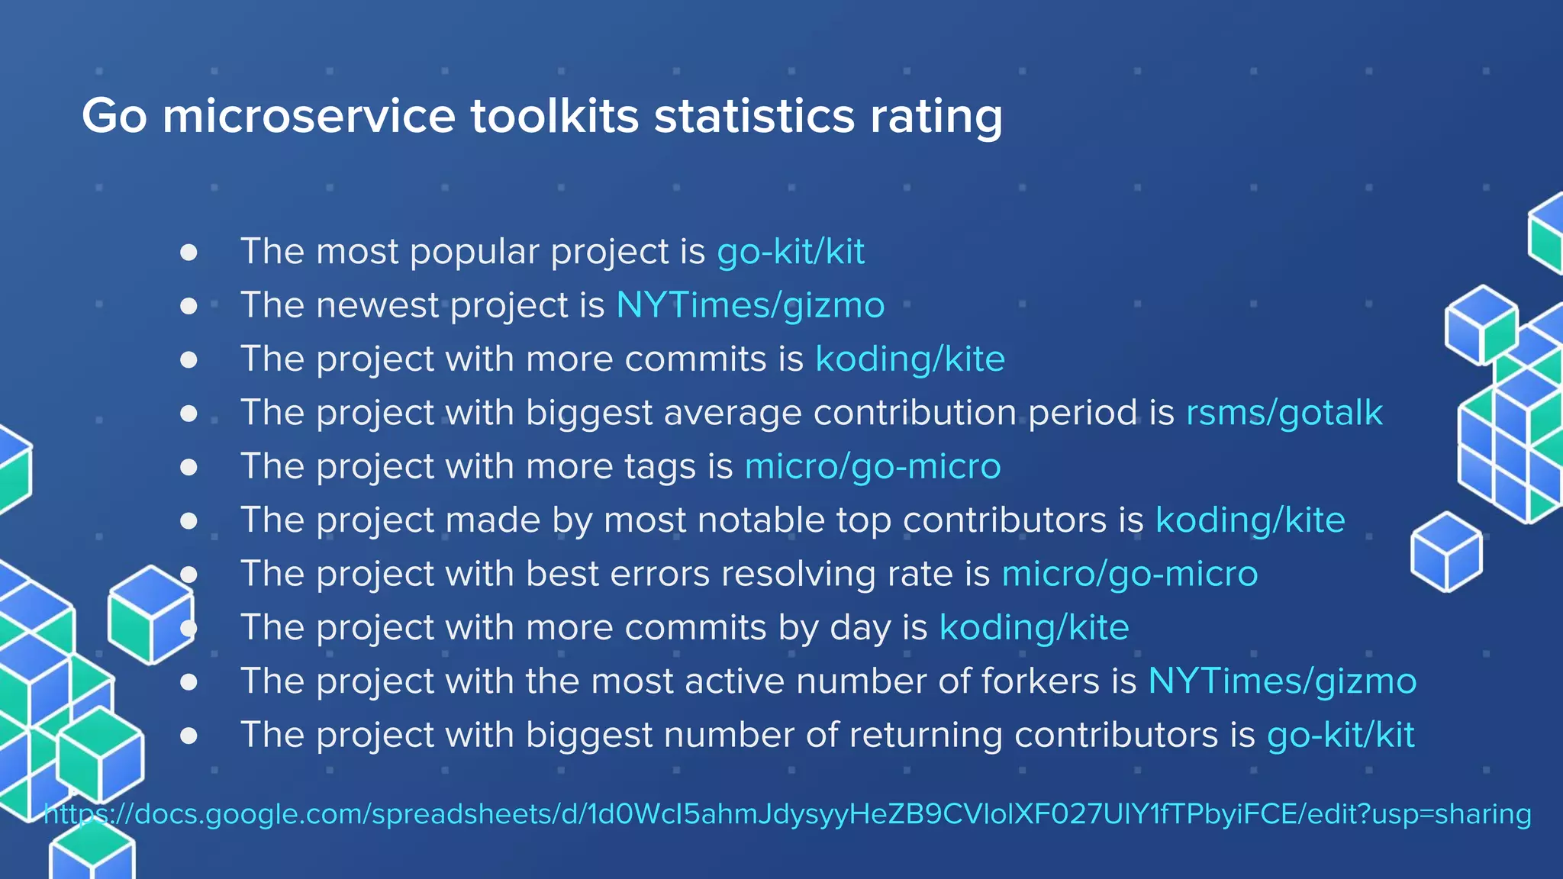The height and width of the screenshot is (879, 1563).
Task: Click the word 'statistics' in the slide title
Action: click(754, 116)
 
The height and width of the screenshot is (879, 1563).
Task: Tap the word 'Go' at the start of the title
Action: click(114, 116)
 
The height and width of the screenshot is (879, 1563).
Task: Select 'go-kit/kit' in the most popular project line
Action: click(791, 251)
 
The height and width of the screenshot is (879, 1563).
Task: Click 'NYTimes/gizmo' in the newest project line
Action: click(750, 305)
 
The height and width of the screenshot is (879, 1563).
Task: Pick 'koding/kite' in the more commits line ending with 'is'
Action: click(910, 359)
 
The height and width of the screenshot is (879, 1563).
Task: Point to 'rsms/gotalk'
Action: click(1284, 413)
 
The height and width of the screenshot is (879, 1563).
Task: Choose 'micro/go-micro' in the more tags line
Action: click(872, 466)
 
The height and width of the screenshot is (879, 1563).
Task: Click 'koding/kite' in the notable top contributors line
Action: click(1250, 520)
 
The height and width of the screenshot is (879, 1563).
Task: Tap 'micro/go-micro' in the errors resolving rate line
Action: click(1130, 574)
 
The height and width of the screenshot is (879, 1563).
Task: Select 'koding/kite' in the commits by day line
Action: click(1034, 627)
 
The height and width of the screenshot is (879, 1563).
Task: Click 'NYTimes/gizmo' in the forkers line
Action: click(1282, 681)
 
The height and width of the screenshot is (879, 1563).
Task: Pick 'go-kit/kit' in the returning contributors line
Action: click(1341, 735)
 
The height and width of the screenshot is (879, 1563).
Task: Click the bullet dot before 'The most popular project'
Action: click(189, 253)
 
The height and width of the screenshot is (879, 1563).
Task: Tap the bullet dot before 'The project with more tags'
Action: click(189, 467)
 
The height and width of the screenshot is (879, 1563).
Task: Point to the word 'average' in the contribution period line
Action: click(733, 413)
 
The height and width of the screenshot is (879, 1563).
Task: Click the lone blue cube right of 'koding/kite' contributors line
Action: click(1446, 551)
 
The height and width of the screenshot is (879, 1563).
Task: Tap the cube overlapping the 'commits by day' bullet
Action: click(150, 614)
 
